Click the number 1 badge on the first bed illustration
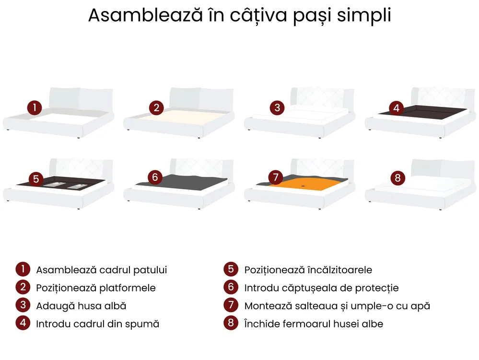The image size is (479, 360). click(35, 107)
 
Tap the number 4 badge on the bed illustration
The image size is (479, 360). click(396, 108)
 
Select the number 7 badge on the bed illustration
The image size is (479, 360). click(276, 177)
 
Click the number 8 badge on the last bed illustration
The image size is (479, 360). click(398, 178)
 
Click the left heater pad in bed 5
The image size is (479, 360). click(53, 184)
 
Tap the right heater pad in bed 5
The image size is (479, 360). click(78, 186)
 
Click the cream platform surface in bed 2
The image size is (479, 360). click(183, 116)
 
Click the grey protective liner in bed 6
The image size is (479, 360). click(183, 182)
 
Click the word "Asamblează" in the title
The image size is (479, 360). click(145, 15)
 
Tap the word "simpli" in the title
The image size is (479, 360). click(364, 15)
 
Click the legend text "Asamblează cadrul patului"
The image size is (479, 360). click(102, 270)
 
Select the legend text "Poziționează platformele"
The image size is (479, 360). click(96, 288)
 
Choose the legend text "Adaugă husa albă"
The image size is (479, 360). click(81, 306)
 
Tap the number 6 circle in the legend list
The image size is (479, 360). click(231, 287)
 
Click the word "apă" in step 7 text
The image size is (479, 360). click(421, 306)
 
